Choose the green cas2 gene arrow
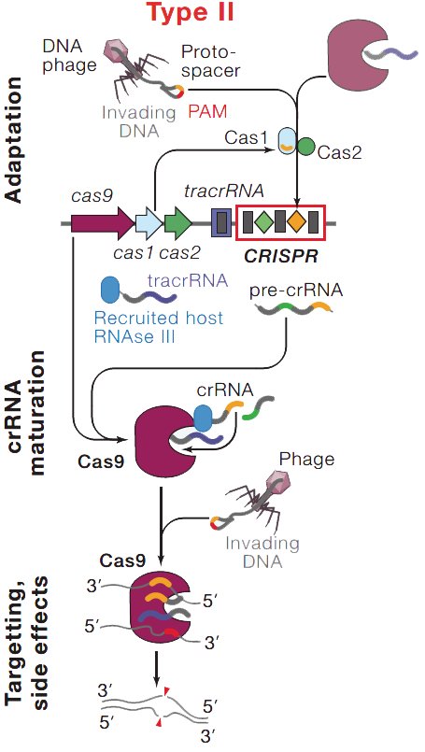177,224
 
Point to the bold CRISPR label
280,253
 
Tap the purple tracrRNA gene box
220,224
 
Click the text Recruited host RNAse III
159,327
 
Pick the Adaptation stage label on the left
14,140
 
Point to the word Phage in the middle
307,460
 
